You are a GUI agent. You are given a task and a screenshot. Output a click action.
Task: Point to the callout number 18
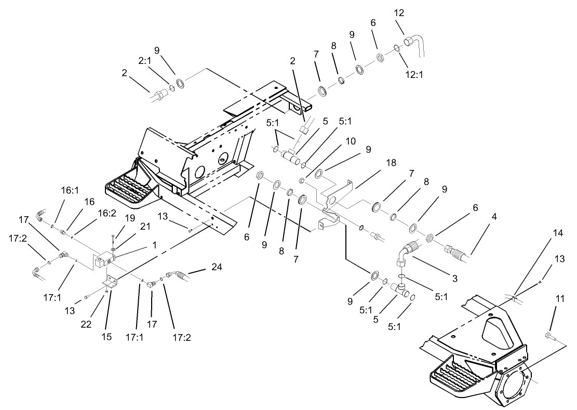(391, 163)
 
